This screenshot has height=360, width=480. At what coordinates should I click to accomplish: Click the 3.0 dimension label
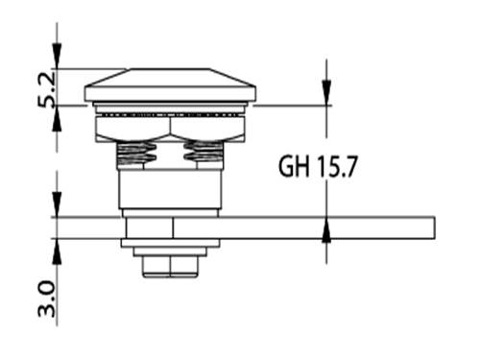coord(47,299)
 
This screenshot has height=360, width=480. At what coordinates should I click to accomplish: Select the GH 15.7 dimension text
coord(317,166)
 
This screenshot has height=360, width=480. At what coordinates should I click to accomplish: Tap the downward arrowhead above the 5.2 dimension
coord(57,56)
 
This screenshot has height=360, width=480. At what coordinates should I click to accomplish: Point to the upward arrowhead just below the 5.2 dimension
coord(57,118)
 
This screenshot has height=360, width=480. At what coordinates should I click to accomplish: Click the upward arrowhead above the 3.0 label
coord(57,252)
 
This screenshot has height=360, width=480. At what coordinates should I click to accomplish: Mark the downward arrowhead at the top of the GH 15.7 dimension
coord(326,93)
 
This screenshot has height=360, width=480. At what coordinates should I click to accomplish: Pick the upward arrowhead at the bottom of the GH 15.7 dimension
coord(326,229)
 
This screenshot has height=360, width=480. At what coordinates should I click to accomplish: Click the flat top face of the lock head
coord(169,69)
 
